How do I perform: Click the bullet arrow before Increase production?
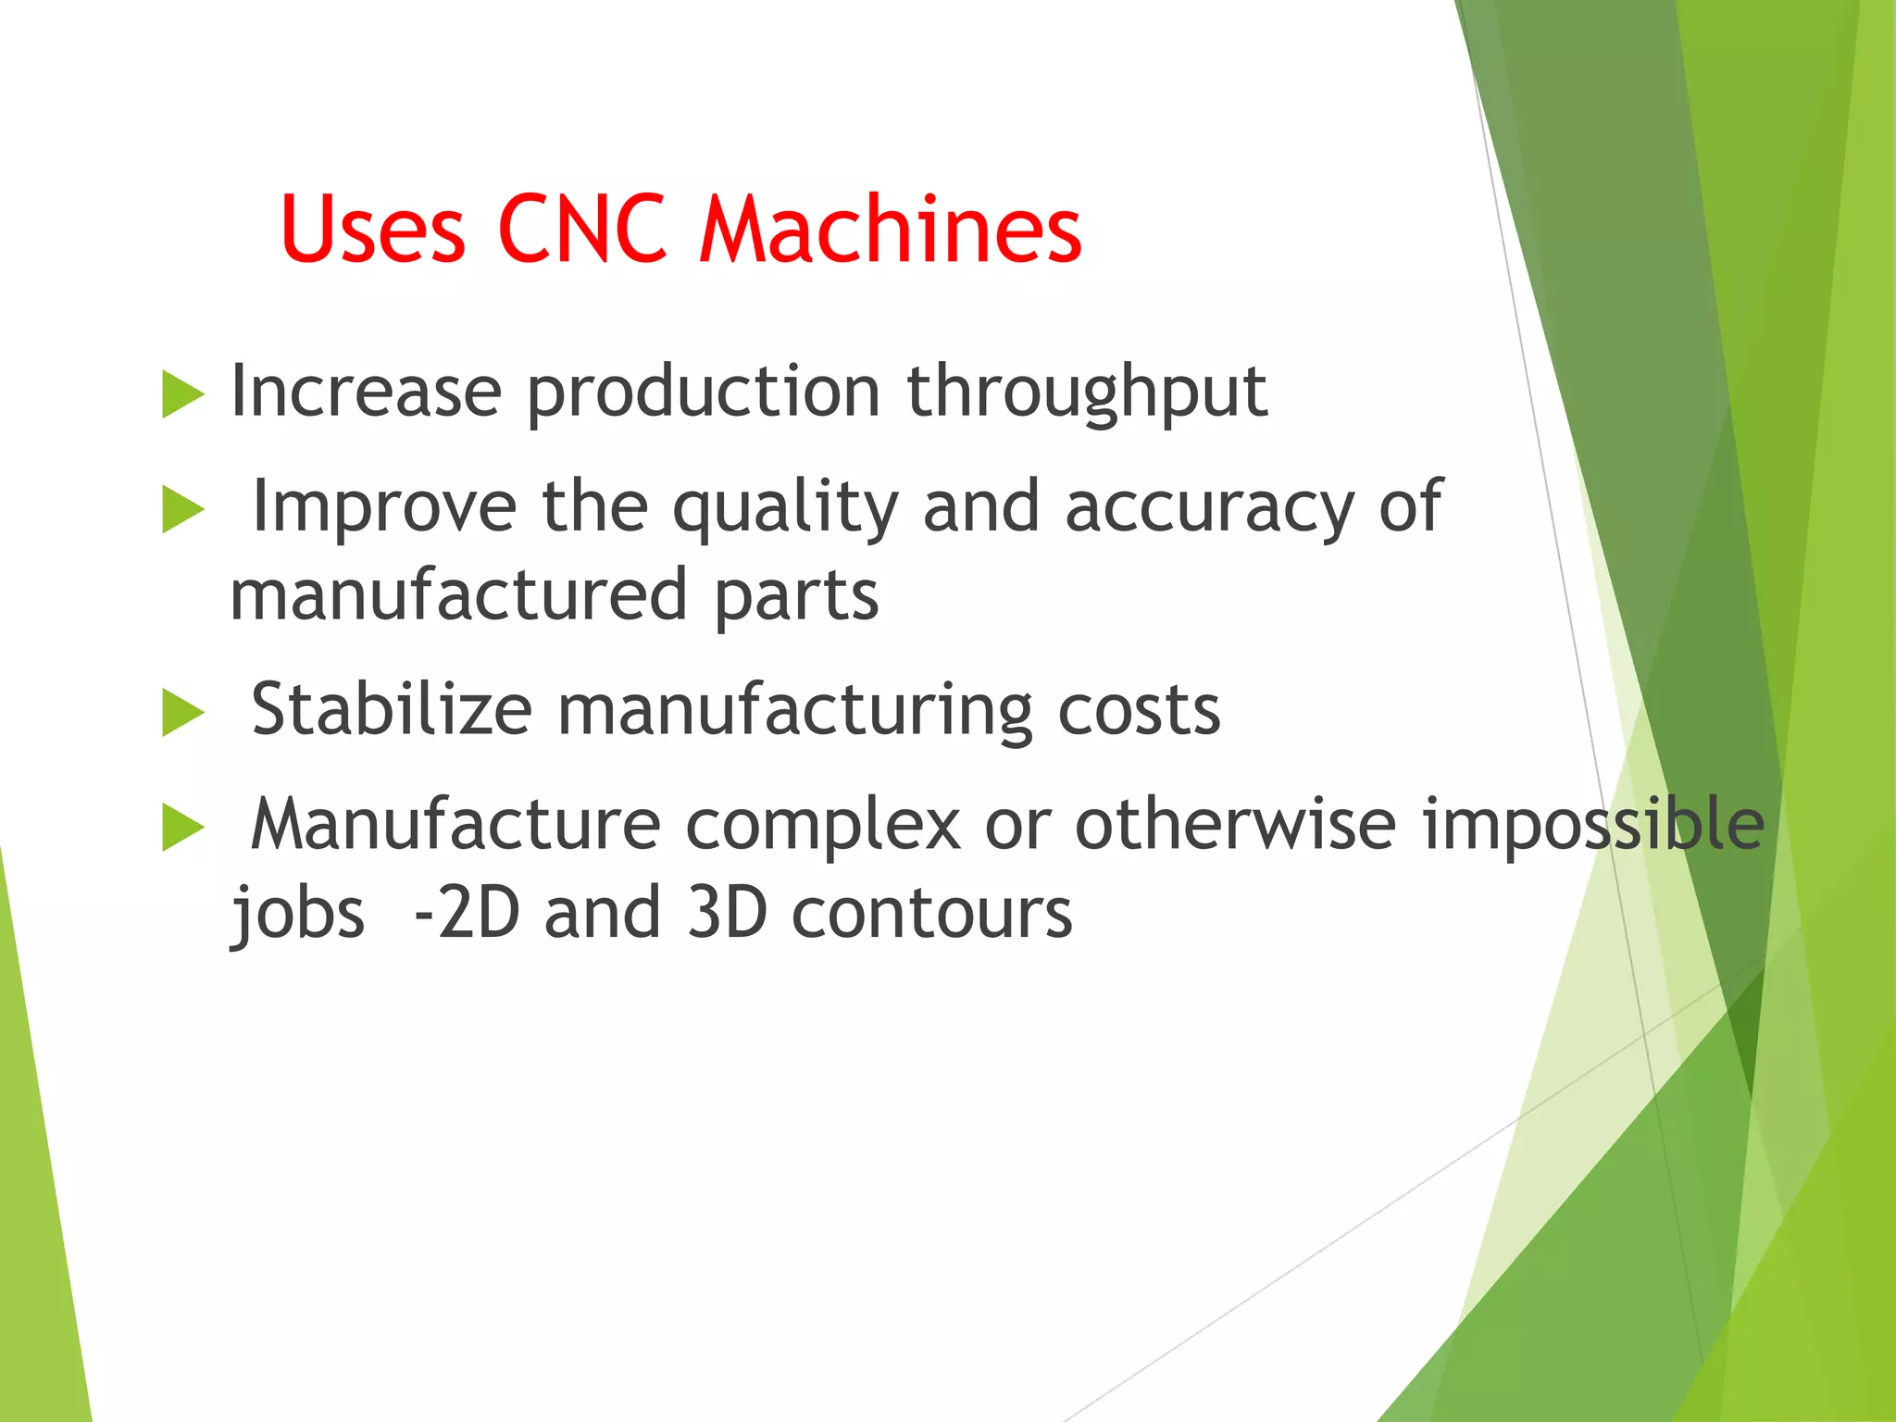(x=182, y=394)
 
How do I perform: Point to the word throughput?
(x=1086, y=393)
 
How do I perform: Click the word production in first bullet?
(x=704, y=393)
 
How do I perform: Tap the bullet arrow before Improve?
(x=182, y=510)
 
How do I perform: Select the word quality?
(x=785, y=509)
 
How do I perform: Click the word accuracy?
(x=1209, y=509)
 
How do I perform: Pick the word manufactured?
(x=458, y=595)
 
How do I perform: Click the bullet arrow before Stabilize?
(x=182, y=714)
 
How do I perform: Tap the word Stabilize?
(x=392, y=710)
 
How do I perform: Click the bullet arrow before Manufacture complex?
(x=182, y=828)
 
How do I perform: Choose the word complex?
(x=822, y=826)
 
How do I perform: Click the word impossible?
(x=1592, y=824)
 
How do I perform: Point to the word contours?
(x=931, y=913)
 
